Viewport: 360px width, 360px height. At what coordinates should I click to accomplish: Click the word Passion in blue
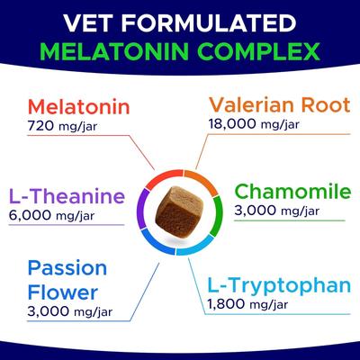click(x=67, y=269)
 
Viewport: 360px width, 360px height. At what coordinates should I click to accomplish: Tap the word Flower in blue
click(x=61, y=293)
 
